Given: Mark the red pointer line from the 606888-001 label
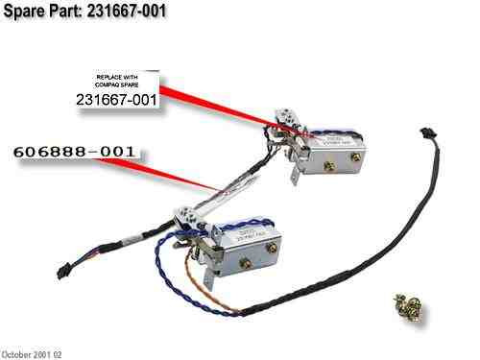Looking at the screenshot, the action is tap(182, 172).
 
